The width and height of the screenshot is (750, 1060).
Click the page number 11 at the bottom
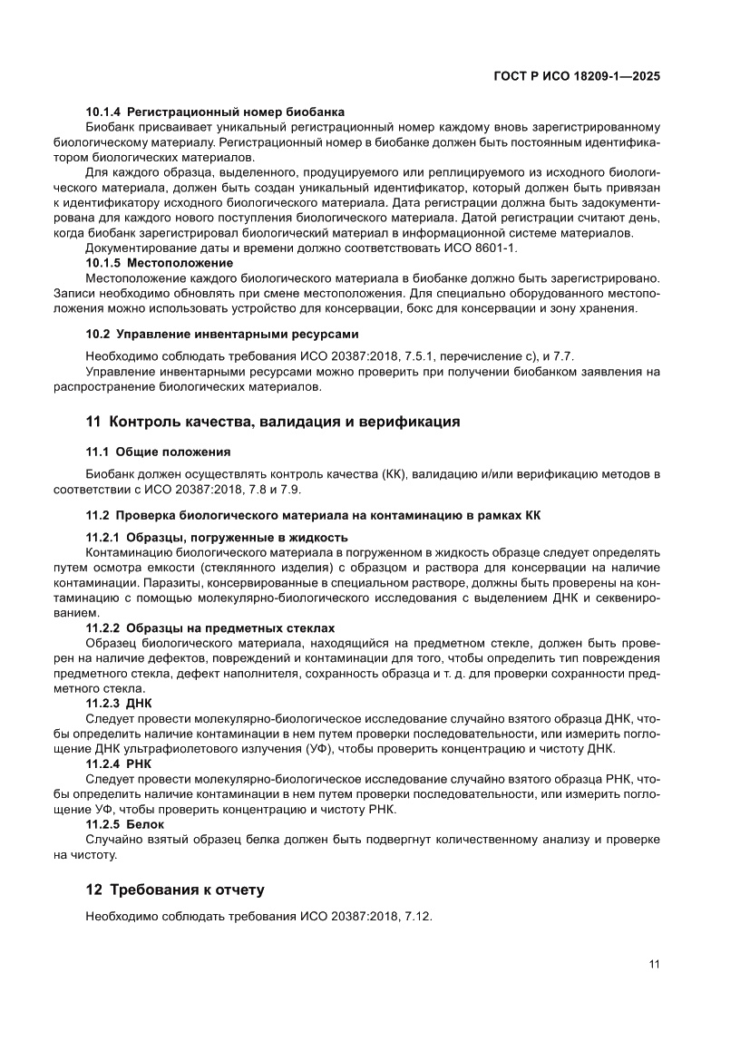point(654,964)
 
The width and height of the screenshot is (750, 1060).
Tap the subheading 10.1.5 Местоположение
point(159,262)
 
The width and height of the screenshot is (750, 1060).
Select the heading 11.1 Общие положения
point(158,451)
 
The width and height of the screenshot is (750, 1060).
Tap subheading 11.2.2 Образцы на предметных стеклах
point(210,627)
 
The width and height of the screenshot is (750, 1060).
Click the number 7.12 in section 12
point(416,917)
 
